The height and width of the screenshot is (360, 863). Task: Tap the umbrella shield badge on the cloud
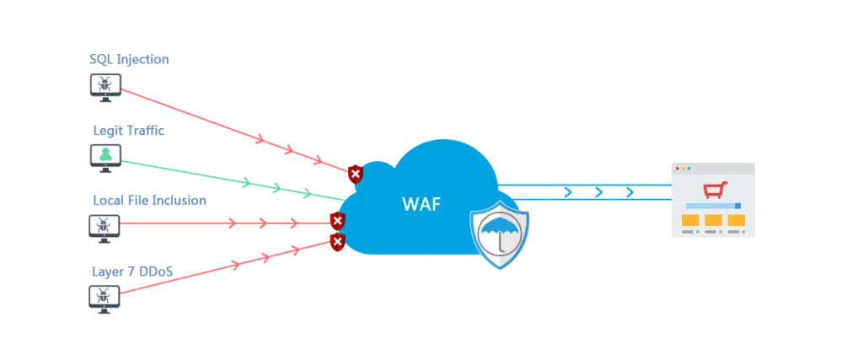tap(501, 234)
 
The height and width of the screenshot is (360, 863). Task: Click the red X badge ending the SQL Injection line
tap(356, 174)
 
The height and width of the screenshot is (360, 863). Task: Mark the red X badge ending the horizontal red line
tap(337, 222)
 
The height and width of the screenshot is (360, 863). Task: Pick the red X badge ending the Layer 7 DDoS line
tap(338, 243)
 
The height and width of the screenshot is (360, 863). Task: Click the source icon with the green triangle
tap(105, 156)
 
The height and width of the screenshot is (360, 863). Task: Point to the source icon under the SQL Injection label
tap(105, 87)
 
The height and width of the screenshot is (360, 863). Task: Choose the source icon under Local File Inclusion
tap(105, 225)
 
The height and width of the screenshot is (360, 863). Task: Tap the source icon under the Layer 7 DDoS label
tap(105, 297)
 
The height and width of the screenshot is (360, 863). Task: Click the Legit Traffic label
tap(127, 132)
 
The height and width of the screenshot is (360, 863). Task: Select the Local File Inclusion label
tap(147, 202)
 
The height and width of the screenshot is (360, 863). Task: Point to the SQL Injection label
tap(131, 61)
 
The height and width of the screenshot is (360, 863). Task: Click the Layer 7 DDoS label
tap(131, 270)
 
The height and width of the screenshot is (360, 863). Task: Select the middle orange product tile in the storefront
tap(713, 221)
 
